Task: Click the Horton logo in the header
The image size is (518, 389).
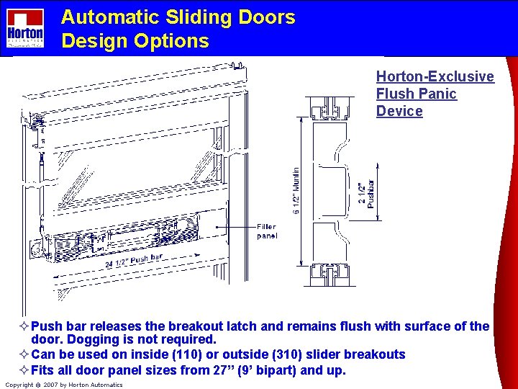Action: pos(25,28)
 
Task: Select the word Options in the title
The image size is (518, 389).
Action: pos(175,41)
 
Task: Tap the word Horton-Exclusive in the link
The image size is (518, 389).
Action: pos(435,76)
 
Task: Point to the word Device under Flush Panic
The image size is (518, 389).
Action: pos(399,111)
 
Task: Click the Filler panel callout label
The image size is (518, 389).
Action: pos(266,231)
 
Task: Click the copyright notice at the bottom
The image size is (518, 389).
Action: pos(64,385)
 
